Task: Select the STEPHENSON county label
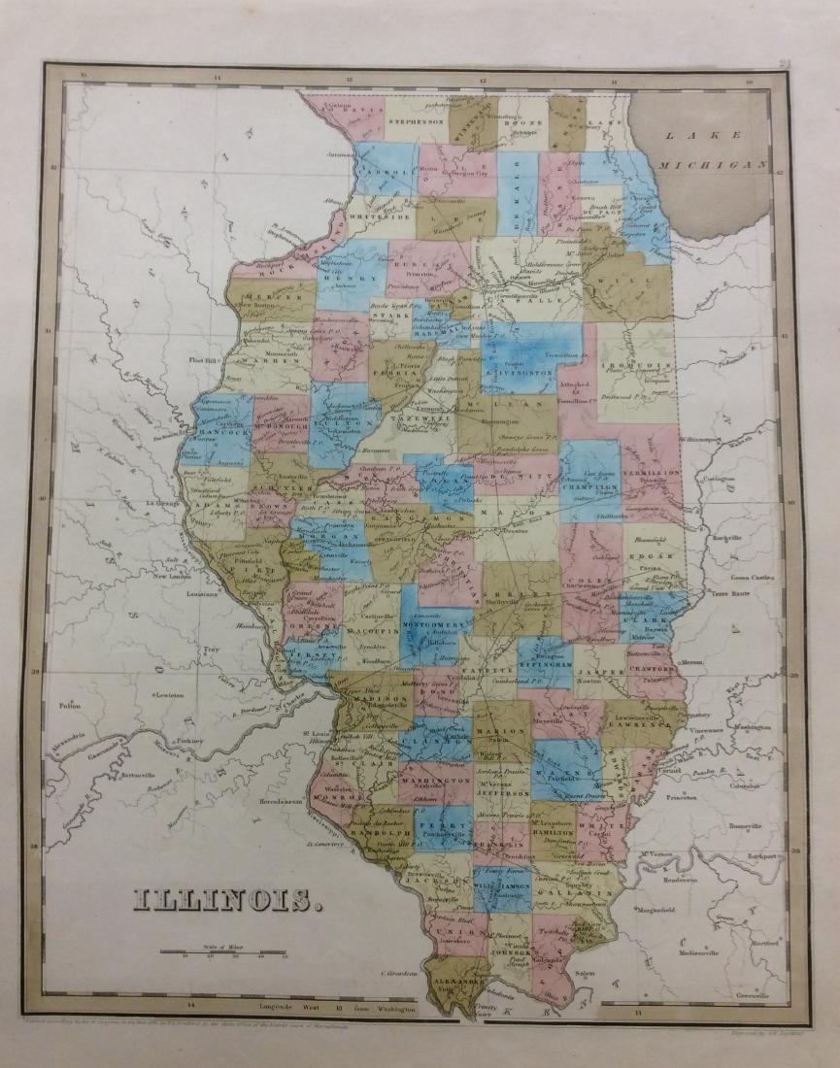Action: pyautogui.click(x=416, y=123)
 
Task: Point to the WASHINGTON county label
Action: pyautogui.click(x=435, y=781)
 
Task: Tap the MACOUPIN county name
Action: pyautogui.click(x=355, y=634)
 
